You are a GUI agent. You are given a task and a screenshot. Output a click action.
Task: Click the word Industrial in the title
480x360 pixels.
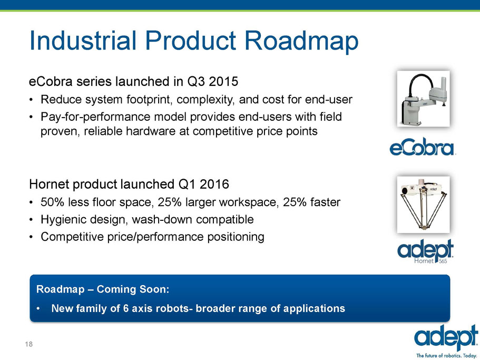[x=83, y=40]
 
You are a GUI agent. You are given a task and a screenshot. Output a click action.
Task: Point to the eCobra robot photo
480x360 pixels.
[x=424, y=99]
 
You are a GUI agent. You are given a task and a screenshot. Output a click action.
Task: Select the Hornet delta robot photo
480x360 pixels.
[x=424, y=205]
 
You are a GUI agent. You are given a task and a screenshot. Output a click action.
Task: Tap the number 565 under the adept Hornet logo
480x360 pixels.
[x=443, y=261]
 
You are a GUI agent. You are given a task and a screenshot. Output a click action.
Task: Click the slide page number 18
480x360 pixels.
[x=29, y=344]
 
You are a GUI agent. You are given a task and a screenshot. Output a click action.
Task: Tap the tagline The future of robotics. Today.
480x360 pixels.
[x=447, y=356]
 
